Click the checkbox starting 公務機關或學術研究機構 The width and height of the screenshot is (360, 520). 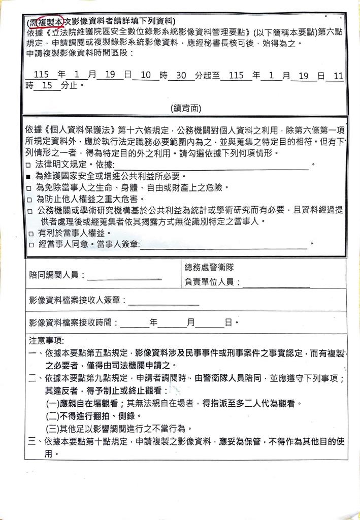point(29,210)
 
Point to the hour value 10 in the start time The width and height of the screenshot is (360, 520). point(146,75)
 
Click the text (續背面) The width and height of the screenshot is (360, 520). point(186,108)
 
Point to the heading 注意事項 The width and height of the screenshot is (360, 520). point(44,339)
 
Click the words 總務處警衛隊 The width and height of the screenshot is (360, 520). point(209,267)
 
